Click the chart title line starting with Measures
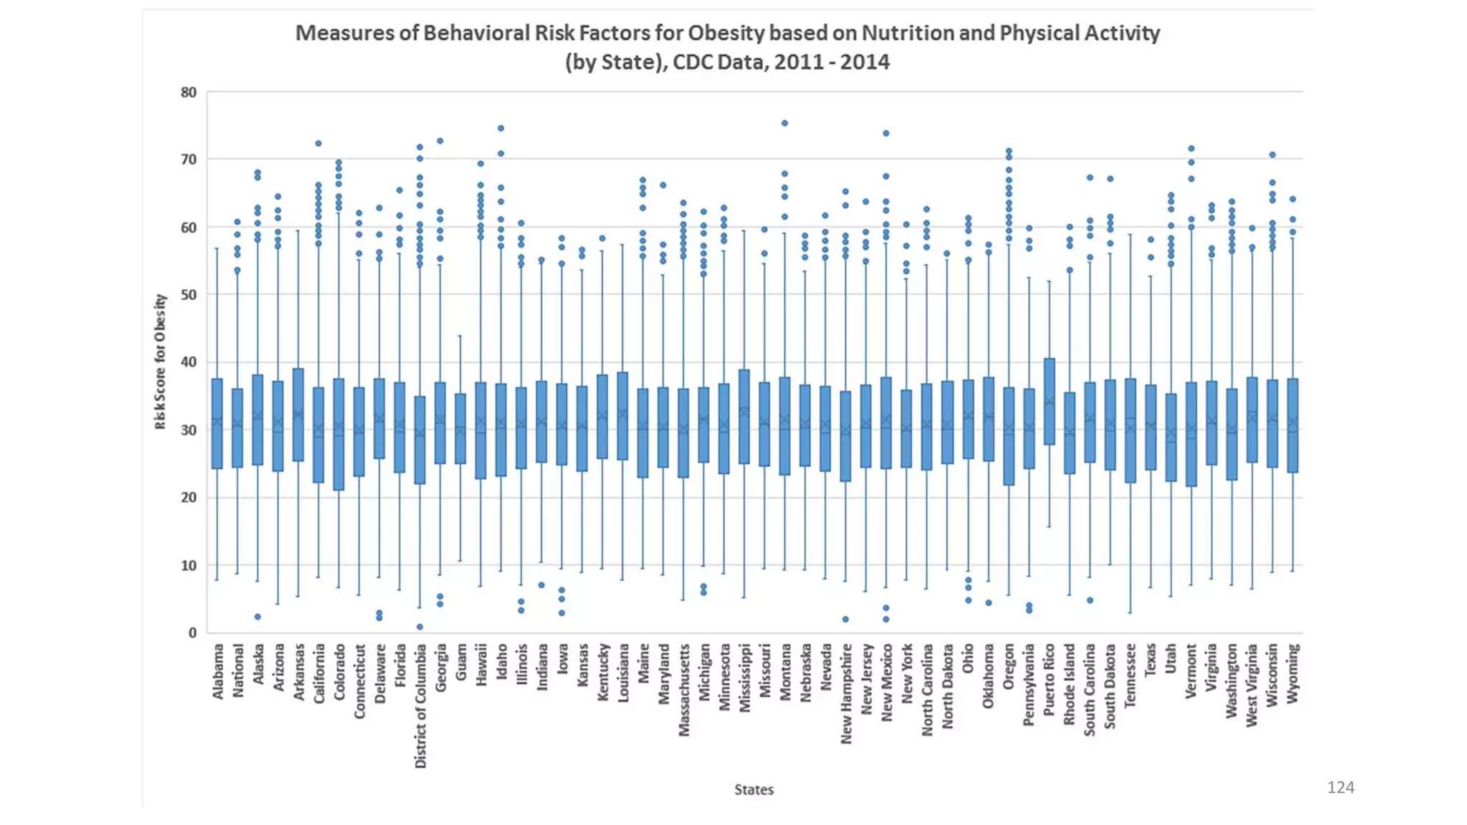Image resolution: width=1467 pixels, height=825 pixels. tap(727, 33)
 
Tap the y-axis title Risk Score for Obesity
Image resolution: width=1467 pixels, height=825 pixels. tap(160, 362)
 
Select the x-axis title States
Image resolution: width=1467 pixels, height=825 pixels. tap(754, 789)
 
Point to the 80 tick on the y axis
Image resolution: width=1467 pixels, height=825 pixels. tap(188, 92)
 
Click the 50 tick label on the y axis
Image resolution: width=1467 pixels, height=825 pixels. tap(188, 294)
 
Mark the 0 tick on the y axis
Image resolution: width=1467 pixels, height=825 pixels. tap(192, 632)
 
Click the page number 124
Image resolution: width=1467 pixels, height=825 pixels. tap(1340, 787)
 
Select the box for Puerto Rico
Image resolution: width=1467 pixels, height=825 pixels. tap(1049, 401)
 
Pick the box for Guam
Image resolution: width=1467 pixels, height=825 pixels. tap(461, 428)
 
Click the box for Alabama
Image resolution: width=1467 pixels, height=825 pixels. tap(217, 423)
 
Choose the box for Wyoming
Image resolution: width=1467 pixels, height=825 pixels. tap(1292, 425)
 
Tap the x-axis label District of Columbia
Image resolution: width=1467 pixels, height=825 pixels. tap(420, 705)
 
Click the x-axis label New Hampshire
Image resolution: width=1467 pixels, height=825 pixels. tap(846, 693)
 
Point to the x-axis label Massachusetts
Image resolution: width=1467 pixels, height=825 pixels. tap(684, 690)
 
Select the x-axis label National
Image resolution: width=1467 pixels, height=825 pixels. tap(238, 670)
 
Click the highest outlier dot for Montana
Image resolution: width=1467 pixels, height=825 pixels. tap(784, 123)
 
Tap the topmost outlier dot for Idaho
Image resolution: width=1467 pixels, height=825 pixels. tap(501, 128)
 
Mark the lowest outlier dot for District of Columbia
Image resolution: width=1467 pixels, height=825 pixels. tap(420, 627)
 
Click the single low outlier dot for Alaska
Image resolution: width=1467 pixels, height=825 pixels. tap(258, 617)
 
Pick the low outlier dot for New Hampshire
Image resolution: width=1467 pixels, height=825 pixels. tap(845, 619)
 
